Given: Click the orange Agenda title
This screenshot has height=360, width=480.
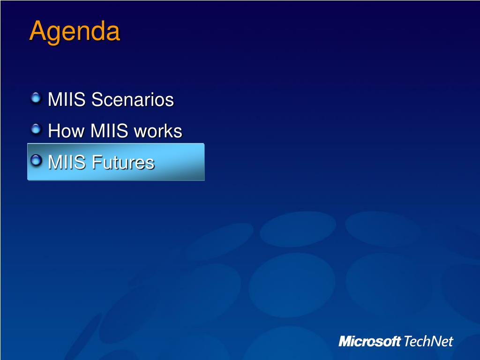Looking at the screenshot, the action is coord(75,32).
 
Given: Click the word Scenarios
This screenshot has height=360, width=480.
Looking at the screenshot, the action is coord(133,99).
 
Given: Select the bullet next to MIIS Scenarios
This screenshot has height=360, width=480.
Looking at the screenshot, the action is coord(36,98).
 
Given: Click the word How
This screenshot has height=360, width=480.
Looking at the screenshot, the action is coord(66,131).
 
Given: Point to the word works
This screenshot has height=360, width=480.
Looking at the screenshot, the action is coord(158,131).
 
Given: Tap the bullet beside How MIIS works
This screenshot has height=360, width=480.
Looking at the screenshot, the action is coord(36,129).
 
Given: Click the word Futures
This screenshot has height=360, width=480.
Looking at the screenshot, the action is coord(123,162).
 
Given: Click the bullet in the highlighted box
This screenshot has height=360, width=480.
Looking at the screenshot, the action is coord(36,160).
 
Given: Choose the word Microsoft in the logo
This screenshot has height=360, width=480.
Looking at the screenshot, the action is coord(370,341).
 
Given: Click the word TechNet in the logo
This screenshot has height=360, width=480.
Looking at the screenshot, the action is coord(428,341).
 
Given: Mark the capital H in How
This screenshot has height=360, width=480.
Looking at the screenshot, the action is coord(54,131).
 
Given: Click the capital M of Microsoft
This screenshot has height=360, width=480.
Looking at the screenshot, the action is coord(345,341).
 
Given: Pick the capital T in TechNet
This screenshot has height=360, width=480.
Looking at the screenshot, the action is coord(408,341).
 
